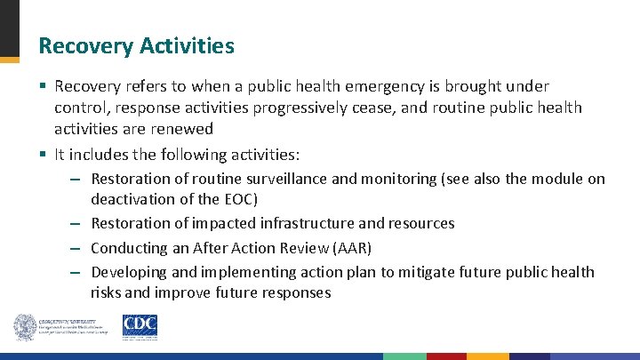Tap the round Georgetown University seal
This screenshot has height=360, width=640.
click(25, 327)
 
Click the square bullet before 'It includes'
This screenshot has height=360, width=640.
click(43, 155)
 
